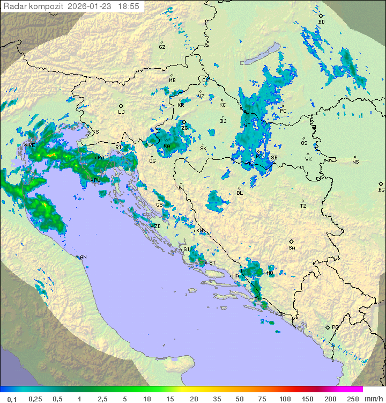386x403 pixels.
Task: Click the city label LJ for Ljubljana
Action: point(121,112)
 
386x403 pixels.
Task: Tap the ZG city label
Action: point(184,128)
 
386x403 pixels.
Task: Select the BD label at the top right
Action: point(322,22)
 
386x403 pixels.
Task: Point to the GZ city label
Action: point(162,47)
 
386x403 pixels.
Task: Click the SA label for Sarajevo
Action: point(292,247)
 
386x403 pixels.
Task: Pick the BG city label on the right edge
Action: point(381,189)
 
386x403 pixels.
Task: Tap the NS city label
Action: point(355,162)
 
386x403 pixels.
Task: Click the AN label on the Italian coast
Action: point(83,257)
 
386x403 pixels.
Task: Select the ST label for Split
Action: point(212,262)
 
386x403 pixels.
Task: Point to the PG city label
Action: point(335,327)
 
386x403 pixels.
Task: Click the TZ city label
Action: point(303,206)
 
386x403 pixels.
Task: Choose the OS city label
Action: point(304,143)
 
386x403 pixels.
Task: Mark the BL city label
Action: point(240,193)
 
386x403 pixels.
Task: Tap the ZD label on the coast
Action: point(157,226)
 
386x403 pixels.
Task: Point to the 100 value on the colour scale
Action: point(285,399)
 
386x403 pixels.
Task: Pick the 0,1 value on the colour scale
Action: point(11,399)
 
